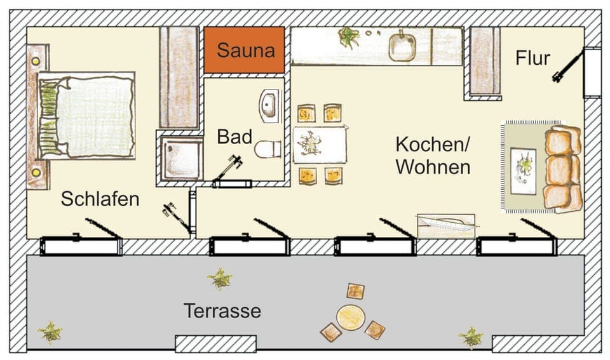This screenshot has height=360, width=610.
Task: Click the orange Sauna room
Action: [244, 50]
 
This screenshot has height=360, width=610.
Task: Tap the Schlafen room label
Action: [100, 199]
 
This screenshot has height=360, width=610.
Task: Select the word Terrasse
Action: [222, 311]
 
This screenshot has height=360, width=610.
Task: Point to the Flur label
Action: [532, 58]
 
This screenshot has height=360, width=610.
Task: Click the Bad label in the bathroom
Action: [234, 137]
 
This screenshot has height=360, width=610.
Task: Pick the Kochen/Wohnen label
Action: [433, 156]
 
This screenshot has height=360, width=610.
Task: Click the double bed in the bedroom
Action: [86, 116]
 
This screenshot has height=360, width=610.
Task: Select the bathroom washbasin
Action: [269, 105]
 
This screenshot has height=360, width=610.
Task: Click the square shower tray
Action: [181, 157]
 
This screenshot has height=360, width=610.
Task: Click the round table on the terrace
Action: [349, 317]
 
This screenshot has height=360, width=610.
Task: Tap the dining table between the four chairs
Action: [320, 144]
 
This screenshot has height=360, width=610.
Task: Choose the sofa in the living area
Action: [563, 168]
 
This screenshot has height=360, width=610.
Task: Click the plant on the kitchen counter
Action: [348, 37]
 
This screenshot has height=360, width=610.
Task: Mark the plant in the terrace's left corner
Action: [50, 331]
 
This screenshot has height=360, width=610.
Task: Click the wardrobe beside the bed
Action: [179, 77]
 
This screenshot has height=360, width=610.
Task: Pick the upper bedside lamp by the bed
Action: [36, 62]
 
